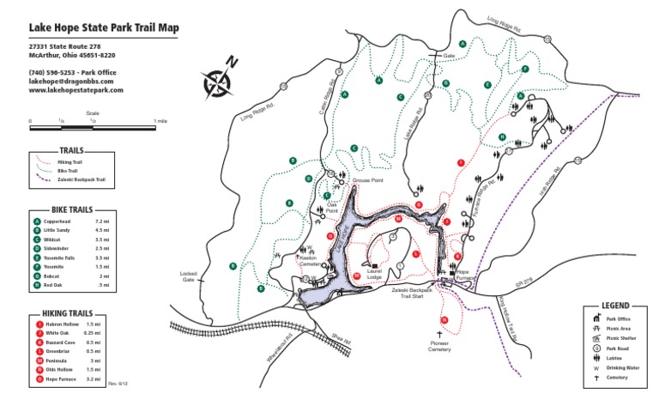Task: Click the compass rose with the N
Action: [217, 79]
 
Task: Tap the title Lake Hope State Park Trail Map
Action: [104, 27]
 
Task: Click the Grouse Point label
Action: [367, 181]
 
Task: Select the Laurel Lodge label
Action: [374, 276]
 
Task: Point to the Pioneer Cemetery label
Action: [439, 346]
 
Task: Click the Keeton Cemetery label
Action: [310, 261]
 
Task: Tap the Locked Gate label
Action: [189, 277]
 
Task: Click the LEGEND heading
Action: [615, 306]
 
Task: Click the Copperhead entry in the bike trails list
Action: [61, 221]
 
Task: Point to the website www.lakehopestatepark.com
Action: [76, 89]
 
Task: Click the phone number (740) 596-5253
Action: [53, 72]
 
